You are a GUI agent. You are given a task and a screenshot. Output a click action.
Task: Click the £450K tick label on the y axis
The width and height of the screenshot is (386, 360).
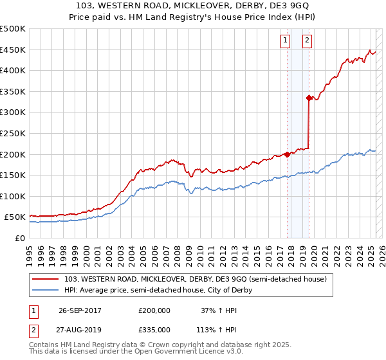pyautogui.click(x=12, y=50)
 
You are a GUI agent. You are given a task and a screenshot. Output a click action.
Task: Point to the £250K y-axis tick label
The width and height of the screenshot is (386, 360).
pyautogui.click(x=12, y=133)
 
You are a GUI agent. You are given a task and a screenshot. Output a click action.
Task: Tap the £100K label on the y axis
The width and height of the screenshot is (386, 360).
pyautogui.click(x=12, y=196)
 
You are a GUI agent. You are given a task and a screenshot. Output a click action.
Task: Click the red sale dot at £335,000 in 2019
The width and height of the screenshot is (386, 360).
pyautogui.click(x=309, y=98)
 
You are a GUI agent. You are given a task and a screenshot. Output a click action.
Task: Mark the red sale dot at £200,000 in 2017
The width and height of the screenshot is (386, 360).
pyautogui.click(x=287, y=154)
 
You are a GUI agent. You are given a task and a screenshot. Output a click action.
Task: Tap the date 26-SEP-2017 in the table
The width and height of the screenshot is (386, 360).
pyautogui.click(x=80, y=310)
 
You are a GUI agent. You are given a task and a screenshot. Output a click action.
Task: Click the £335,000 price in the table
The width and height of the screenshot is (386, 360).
pyautogui.click(x=154, y=329)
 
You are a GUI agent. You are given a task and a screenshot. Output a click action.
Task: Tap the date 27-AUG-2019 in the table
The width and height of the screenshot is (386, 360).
pyautogui.click(x=80, y=329)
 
